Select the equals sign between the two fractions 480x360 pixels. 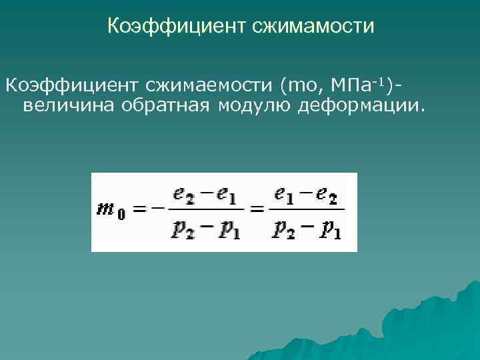[x=257, y=210]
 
